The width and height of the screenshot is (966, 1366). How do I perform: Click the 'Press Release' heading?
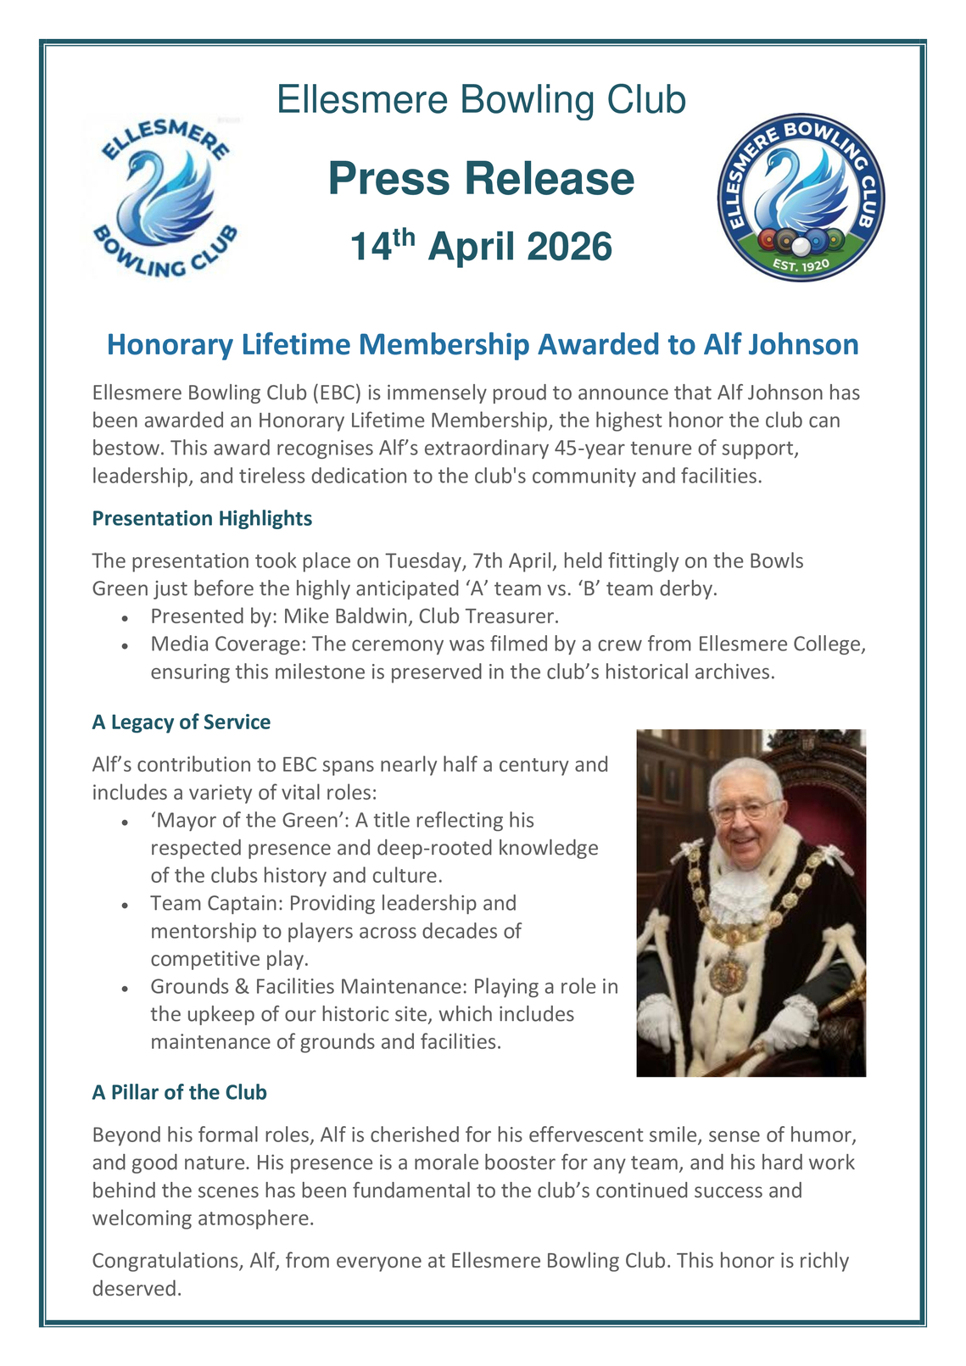481,179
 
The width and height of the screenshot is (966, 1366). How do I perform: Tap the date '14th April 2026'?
481,246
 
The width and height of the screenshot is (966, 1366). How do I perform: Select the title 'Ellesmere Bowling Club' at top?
481,100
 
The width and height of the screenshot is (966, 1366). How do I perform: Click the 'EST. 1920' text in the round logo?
801,265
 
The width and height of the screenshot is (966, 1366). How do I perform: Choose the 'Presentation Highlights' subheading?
202,518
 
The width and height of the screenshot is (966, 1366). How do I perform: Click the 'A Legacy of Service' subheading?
181,722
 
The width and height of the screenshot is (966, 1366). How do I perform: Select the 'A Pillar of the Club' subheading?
179,1092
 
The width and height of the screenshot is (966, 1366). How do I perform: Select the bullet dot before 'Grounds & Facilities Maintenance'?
125,989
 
